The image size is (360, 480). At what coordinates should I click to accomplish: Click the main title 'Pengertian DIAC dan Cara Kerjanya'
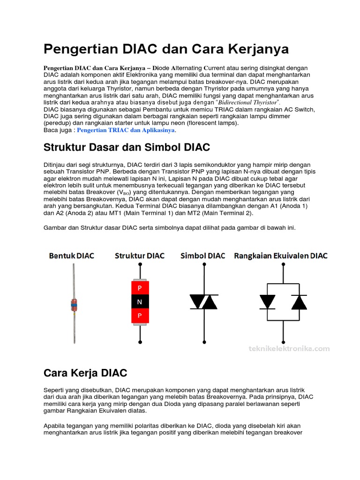pos(166,49)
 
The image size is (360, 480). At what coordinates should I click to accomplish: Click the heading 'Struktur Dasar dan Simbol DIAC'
pos(127,147)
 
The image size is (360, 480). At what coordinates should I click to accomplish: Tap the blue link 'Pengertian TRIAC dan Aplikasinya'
pos(126,130)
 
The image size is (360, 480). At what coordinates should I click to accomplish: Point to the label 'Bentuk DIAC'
pos(72,255)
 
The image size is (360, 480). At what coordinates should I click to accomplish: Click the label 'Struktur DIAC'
pos(140,255)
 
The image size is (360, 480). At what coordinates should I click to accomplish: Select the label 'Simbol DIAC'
pos(203,255)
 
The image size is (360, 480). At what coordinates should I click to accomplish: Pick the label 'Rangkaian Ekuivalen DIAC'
pos(281,255)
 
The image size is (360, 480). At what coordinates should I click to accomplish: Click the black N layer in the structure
pos(140,302)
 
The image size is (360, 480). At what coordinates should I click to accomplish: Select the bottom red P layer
pos(140,316)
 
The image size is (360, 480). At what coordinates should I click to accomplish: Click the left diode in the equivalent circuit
pos(268,302)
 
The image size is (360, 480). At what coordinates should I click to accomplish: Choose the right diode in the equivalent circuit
pos(299,302)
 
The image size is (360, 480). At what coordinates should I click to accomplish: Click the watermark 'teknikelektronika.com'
pos(288,348)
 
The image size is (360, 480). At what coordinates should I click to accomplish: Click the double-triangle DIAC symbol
pos(203,302)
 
